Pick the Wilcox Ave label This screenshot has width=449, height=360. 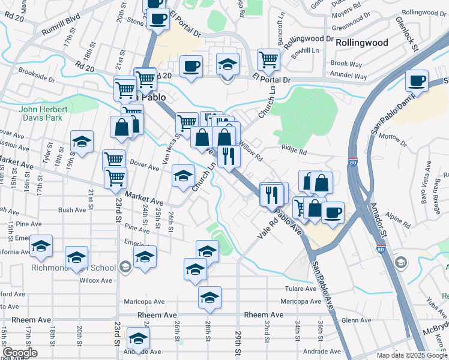(96, 280)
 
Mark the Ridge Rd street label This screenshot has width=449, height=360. (294, 153)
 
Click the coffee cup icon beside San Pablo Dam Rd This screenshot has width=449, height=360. (416, 80)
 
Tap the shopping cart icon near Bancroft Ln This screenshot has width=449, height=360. (268, 59)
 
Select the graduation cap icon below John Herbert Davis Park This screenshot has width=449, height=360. (82, 141)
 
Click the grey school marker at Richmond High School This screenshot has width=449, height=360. (125, 266)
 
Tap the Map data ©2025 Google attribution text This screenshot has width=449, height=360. (412, 356)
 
